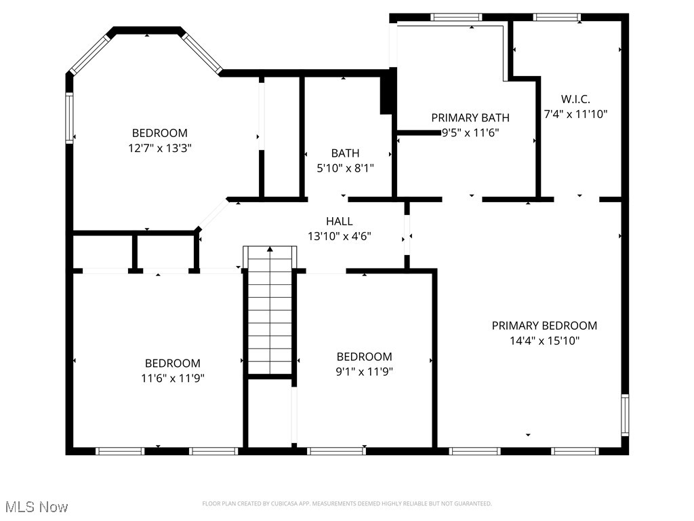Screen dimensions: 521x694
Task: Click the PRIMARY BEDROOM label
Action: pos(544,326)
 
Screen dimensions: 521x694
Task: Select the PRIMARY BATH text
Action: pos(470,118)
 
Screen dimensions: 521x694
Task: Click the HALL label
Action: pos(339,221)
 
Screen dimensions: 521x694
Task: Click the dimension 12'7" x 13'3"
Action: pos(159,148)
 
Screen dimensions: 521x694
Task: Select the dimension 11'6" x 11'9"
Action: pos(172,378)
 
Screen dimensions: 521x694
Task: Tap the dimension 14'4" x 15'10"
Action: pos(544,341)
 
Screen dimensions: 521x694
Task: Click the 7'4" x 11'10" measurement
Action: pos(575,114)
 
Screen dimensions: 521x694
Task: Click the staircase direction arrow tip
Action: pos(270,250)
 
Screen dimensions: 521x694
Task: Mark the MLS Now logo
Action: pos(37,507)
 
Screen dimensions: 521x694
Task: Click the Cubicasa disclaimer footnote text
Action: pos(347,503)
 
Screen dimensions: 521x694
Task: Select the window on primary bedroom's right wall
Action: pos(625,414)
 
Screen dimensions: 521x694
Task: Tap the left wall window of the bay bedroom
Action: pos(69,118)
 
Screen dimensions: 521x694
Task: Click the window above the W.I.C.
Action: pos(557,17)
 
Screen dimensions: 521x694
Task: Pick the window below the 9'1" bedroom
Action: pos(336,450)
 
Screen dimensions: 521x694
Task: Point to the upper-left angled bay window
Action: pos(89,54)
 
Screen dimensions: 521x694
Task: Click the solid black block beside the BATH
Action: pos(386,95)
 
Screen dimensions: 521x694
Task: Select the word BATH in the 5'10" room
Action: pos(346,153)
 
